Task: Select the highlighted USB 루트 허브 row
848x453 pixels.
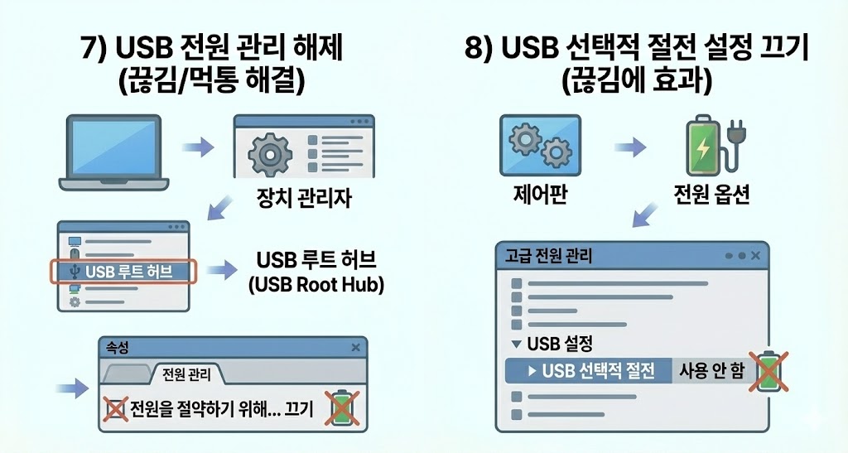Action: pos(124,271)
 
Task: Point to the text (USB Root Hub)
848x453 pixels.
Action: pos(316,285)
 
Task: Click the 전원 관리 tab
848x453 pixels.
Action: pos(186,374)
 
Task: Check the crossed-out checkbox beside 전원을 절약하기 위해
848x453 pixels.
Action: pos(114,409)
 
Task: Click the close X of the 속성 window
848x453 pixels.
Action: pos(356,348)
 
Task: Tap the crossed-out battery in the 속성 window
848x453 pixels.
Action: pos(340,408)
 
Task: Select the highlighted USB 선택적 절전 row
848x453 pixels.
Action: pos(590,370)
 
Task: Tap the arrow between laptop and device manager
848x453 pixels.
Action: pos(197,148)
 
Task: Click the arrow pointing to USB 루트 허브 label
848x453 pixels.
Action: pos(220,271)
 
